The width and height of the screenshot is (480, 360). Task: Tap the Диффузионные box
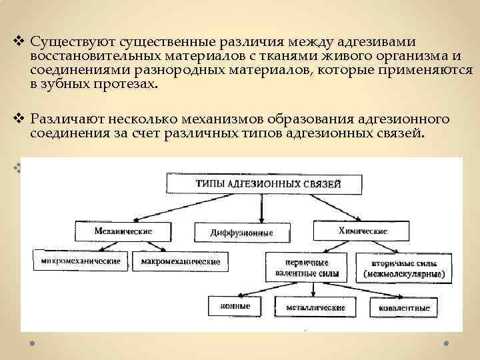(242, 233)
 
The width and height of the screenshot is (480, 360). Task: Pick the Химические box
(363, 231)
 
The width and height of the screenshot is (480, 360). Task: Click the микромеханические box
(81, 261)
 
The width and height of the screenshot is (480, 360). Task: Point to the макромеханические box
(180, 261)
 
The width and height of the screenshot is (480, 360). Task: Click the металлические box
(315, 307)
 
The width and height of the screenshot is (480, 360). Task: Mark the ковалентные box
(405, 307)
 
